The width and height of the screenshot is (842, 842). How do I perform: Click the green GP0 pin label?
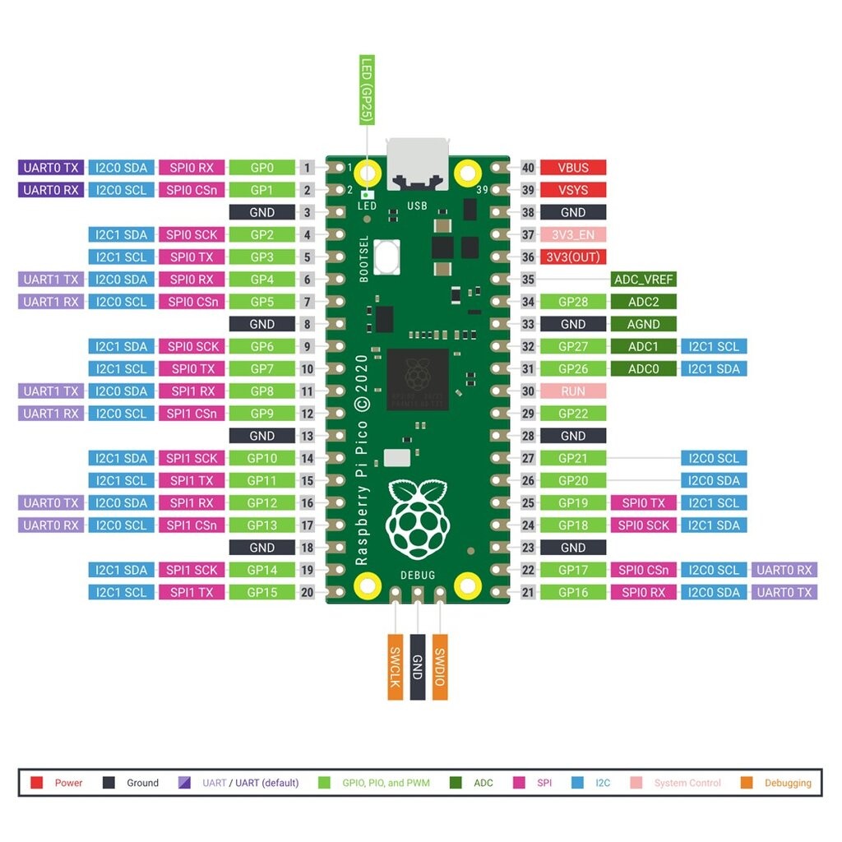(x=261, y=168)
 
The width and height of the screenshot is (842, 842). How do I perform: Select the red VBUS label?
(x=573, y=168)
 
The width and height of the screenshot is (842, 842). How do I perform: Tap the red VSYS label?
(x=573, y=190)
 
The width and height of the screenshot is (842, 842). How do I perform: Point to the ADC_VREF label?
(x=643, y=280)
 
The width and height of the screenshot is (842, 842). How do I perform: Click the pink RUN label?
(x=573, y=391)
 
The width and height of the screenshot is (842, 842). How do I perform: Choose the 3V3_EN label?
(x=573, y=234)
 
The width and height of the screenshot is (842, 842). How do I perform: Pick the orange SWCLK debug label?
(x=396, y=667)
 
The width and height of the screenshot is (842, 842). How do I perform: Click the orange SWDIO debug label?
(x=440, y=667)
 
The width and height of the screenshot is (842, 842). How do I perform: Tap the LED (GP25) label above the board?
(x=367, y=90)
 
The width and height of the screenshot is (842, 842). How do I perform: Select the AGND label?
(x=643, y=324)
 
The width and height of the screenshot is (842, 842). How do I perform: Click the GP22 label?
(x=573, y=414)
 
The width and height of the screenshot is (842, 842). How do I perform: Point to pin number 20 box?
(x=307, y=592)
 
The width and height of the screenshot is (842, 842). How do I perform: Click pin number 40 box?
(x=528, y=168)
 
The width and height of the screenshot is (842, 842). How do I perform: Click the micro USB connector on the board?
(x=417, y=164)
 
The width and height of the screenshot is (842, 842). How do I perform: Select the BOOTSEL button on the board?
(x=386, y=257)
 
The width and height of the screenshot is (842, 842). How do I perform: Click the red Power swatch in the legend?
(x=36, y=783)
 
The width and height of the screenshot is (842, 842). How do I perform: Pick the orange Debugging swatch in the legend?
(x=747, y=783)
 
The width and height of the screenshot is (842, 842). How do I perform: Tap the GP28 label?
(x=573, y=302)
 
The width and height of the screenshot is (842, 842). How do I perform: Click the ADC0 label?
(x=643, y=369)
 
